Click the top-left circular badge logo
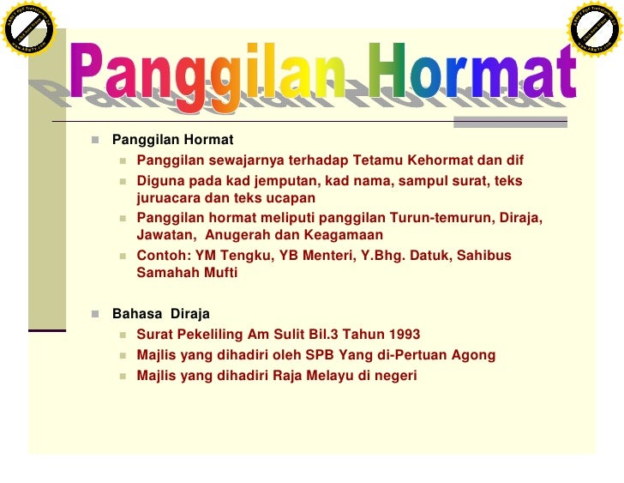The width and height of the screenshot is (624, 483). tap(29, 29)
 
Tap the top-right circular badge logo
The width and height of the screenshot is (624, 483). tap(594, 29)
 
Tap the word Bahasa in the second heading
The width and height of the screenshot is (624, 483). tap(135, 314)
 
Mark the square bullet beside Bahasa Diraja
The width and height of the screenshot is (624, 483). tap(95, 314)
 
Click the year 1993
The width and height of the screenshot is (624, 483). tap(403, 335)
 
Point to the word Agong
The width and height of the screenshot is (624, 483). tap(474, 355)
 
